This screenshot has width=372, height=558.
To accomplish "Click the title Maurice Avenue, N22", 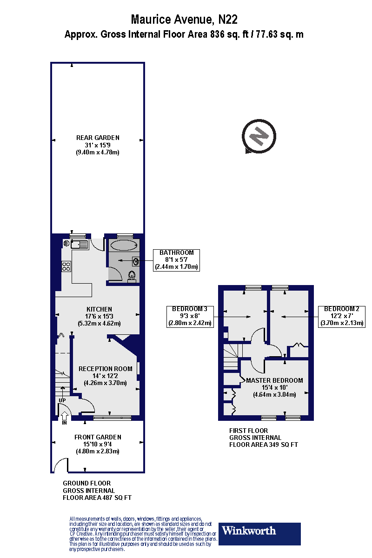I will click(x=184, y=20).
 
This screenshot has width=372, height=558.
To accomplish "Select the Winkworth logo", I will click(x=259, y=534).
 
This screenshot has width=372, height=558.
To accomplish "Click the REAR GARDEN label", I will click(x=98, y=138).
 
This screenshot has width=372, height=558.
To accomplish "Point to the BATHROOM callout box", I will click(x=176, y=260).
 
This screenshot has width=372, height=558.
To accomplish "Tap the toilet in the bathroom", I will click(x=132, y=275).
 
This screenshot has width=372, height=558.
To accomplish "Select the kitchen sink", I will click(x=80, y=244).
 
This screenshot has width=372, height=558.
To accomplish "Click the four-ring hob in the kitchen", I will click(x=66, y=266).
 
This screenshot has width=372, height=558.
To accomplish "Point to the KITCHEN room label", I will click(x=99, y=309).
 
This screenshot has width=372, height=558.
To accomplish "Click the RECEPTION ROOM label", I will click(x=105, y=369).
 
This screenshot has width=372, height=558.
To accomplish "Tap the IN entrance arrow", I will click(x=64, y=417).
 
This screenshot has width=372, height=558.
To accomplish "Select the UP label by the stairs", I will click(x=62, y=400).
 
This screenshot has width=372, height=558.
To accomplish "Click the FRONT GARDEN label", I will click(x=98, y=437).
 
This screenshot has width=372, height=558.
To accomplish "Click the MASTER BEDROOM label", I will click(x=274, y=380).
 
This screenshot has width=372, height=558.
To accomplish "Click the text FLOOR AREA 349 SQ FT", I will click(x=264, y=445).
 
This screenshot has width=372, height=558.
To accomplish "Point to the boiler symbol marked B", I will click(x=66, y=243).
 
